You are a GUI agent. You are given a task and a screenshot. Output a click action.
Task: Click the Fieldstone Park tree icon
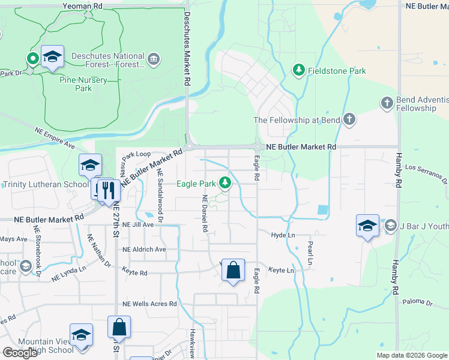298,71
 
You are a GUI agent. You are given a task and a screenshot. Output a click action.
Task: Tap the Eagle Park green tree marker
225,182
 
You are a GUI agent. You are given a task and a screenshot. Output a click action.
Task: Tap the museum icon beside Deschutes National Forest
154,59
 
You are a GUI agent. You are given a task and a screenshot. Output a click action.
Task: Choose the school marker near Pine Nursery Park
52,57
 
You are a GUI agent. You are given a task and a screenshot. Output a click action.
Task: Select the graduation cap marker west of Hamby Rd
367,225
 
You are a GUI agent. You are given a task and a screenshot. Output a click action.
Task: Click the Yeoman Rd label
83,5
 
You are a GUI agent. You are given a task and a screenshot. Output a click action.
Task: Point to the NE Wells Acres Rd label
149,304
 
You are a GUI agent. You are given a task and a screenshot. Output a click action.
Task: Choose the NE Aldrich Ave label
144,249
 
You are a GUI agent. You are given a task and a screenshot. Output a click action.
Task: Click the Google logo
20,353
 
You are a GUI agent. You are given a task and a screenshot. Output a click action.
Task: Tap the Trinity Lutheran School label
46,184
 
